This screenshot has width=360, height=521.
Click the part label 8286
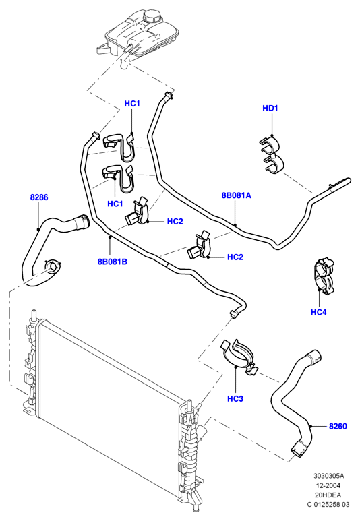(x=39, y=197)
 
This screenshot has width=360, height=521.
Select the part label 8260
(x=338, y=426)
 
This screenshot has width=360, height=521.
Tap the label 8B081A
(x=237, y=195)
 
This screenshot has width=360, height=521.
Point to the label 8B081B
(x=113, y=262)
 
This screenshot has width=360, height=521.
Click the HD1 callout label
(x=270, y=108)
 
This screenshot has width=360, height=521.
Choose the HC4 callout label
(x=319, y=312)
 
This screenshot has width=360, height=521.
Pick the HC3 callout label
(x=235, y=399)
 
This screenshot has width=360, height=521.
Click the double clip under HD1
(x=271, y=154)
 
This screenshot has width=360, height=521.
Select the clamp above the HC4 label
(x=324, y=276)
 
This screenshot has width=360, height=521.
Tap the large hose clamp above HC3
(x=240, y=357)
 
